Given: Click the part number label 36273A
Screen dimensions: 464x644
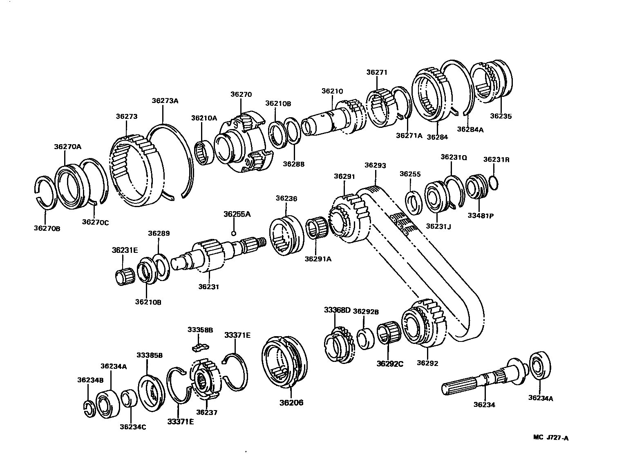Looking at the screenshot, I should click(x=165, y=100).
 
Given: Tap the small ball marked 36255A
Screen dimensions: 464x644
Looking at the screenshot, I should click(x=233, y=234).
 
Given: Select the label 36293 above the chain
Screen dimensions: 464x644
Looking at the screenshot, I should click(x=375, y=165).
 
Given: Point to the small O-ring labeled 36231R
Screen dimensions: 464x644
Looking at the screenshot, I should click(x=493, y=183).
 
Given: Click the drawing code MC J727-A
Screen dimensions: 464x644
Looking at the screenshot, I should click(x=550, y=438).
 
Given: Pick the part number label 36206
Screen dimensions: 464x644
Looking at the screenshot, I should click(x=291, y=403).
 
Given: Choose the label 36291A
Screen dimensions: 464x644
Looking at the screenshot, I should click(x=318, y=258).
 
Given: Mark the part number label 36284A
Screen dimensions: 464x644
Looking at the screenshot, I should click(x=470, y=129).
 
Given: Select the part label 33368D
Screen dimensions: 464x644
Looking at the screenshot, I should click(x=337, y=310).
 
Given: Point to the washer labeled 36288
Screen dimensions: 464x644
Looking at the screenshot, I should click(x=292, y=132).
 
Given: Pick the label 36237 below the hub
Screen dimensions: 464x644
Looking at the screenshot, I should click(x=206, y=413).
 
